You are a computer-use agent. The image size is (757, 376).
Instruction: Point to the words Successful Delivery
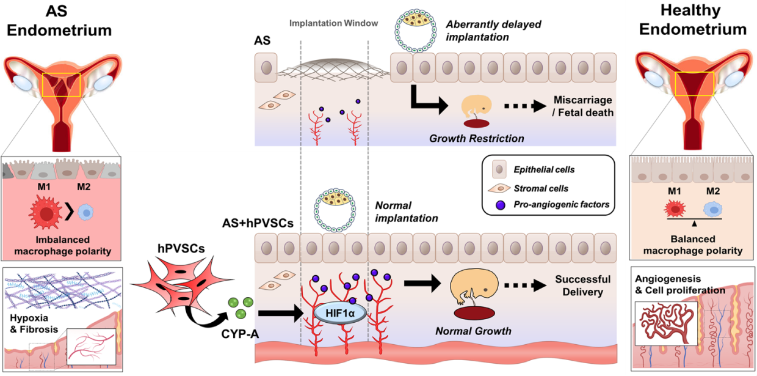point(579,285)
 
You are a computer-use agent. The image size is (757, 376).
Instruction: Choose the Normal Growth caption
point(473,331)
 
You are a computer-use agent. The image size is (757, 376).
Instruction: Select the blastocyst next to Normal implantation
point(335,211)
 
